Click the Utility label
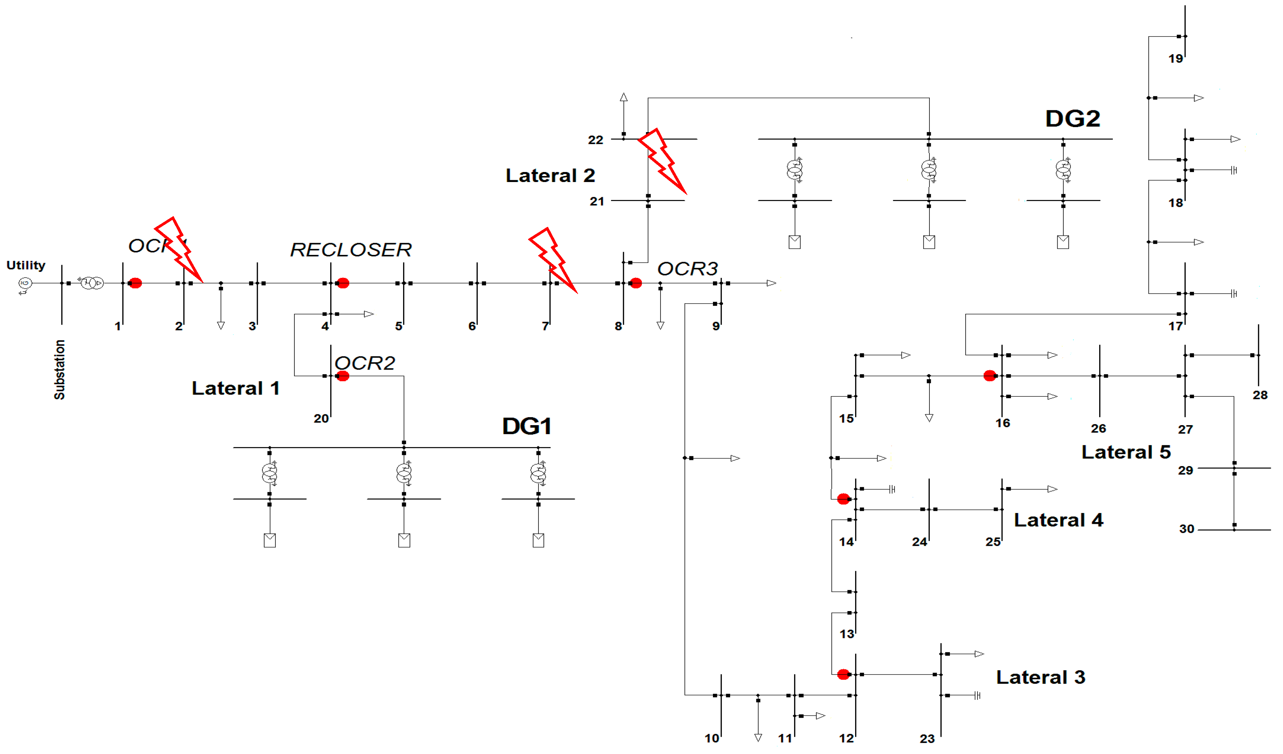(25, 265)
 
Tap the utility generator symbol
(24, 283)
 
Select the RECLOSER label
(350, 250)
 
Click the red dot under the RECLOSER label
(342, 283)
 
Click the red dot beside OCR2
(342, 376)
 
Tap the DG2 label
(1072, 118)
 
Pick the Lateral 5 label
(1126, 452)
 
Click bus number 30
(1186, 529)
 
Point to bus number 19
(1175, 59)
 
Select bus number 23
(927, 739)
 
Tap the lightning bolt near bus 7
(552, 260)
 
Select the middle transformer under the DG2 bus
(929, 169)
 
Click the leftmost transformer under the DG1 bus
(269, 474)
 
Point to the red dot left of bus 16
(989, 376)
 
